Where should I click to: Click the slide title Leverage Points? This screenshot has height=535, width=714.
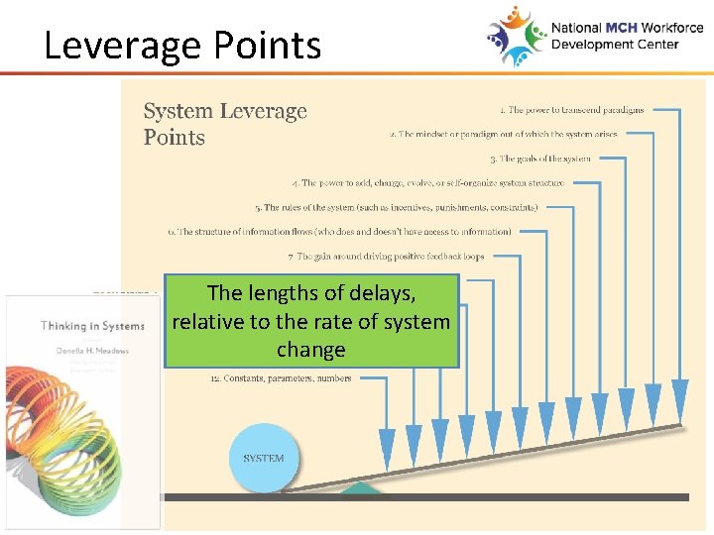point(182,46)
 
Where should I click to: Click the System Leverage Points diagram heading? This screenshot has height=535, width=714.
point(225,125)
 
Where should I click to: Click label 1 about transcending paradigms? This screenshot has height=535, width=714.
point(571,110)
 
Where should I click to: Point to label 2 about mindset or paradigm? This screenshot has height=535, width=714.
point(504,134)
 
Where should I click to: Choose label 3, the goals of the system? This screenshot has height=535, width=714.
point(540,159)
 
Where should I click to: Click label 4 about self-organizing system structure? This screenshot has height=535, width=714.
point(428,183)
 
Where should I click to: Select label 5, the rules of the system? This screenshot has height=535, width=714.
point(397,208)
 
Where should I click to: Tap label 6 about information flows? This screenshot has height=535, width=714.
point(340,232)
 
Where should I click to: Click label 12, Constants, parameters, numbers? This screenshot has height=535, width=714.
point(281,378)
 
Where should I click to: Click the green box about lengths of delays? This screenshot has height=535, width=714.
point(311,322)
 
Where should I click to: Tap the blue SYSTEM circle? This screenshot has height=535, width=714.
point(264,458)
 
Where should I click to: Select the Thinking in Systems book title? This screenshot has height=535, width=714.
point(92,326)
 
